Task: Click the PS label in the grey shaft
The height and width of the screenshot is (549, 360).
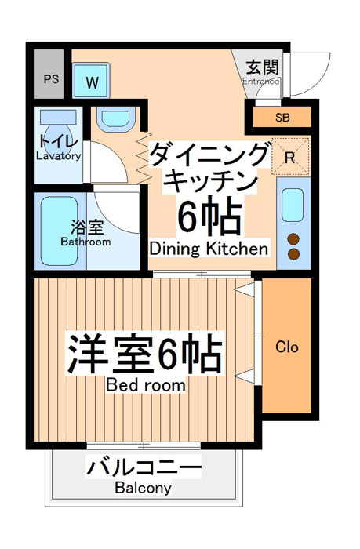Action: coord(51,79)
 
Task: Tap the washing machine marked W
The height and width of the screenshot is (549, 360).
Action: coord(91,81)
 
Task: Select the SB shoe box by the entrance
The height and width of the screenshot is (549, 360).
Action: coord(282,118)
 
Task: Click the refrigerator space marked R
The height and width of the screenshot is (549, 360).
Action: coord(291,156)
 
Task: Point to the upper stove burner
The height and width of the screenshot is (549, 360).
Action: coord(293,239)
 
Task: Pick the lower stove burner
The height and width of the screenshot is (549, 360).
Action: coord(293,254)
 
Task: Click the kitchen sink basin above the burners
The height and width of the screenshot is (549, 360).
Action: coord(293,205)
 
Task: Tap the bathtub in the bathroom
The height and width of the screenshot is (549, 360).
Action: coord(59,231)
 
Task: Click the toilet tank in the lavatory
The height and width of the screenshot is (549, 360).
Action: coord(58,117)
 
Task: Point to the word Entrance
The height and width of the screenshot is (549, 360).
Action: coord(261,82)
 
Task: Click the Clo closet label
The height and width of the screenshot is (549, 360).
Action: coord(287,347)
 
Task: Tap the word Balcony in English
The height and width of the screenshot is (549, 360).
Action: coord(144,488)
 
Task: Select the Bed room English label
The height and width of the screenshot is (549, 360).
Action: coord(146,385)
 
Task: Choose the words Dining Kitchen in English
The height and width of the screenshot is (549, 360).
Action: coord(209,249)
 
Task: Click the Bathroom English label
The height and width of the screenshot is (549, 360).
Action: coord(85,242)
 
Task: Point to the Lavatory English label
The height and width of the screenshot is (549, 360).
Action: coord(59,156)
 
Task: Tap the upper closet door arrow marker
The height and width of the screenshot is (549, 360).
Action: coord(245,290)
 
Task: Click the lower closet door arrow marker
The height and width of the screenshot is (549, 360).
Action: coord(245,376)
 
